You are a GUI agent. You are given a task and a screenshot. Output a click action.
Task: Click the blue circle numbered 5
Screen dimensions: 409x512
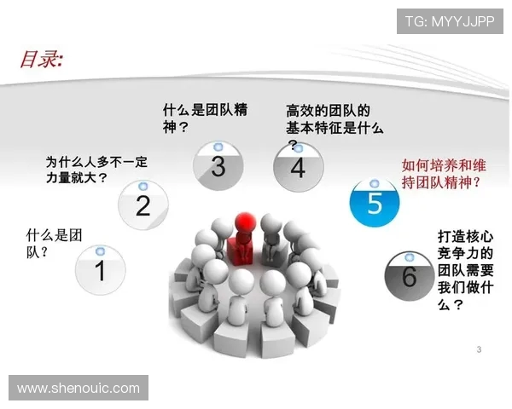[x=375, y=202]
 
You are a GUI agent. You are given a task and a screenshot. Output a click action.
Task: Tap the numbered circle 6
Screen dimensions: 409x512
[x=408, y=274]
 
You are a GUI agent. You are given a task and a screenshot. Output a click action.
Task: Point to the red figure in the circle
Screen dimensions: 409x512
[x=242, y=238]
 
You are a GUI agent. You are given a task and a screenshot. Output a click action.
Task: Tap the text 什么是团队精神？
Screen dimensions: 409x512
[x=205, y=118]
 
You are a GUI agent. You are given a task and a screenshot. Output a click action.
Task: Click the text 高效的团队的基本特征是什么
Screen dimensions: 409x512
[x=334, y=120]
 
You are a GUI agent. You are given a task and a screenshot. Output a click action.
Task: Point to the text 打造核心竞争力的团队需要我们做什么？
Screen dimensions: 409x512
[x=462, y=268]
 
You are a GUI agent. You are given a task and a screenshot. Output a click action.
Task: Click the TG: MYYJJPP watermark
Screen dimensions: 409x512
[x=449, y=20]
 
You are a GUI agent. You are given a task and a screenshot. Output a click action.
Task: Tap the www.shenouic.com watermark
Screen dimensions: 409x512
[x=79, y=388]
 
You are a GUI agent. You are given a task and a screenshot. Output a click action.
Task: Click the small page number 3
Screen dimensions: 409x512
[x=479, y=350]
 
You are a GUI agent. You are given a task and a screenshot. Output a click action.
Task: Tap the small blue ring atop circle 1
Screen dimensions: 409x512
[x=100, y=251]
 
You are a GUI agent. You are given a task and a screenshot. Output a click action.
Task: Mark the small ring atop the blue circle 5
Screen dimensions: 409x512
[x=375, y=181]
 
